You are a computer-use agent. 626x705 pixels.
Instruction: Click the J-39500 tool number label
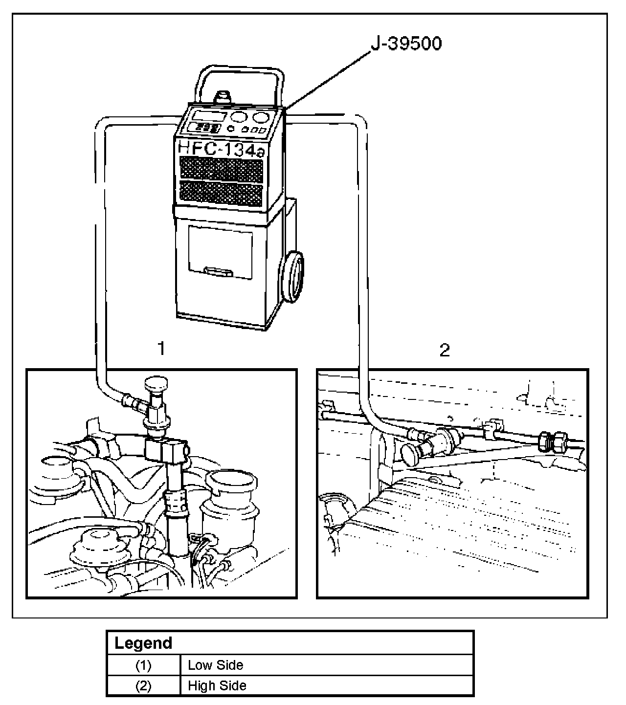coord(406,44)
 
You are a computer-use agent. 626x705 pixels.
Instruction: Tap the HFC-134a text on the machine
coord(221,149)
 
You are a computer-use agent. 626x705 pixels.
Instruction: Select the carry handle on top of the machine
coord(239,85)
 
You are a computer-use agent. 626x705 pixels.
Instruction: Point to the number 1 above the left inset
coord(161,348)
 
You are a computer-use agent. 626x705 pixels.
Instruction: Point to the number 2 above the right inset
coord(445,350)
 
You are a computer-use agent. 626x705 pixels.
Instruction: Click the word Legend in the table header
coord(143,643)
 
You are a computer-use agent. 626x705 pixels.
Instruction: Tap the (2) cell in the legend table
coord(143,686)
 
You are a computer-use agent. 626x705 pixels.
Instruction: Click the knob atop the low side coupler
coord(156,383)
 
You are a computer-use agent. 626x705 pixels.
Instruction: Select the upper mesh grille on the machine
coord(222,170)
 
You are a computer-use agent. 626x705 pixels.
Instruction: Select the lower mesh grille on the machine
coord(221,194)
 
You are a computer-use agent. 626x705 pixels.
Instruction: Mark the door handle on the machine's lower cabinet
coord(218,272)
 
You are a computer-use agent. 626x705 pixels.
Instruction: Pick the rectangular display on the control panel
coord(208,115)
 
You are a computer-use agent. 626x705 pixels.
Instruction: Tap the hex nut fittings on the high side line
coord(553,442)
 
